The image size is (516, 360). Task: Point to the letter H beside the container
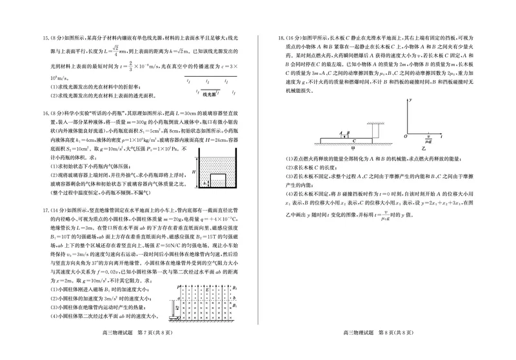[x=188, y=173]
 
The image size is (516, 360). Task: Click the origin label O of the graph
[x=405, y=137]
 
